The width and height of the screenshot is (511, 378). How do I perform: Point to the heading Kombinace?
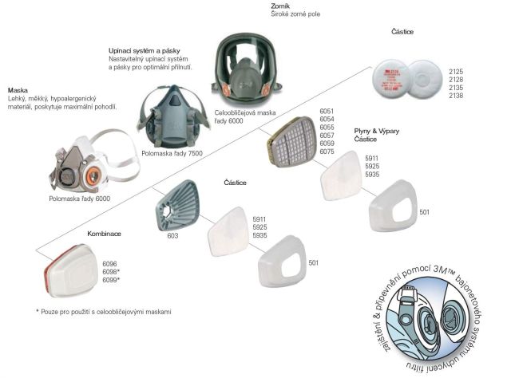(x=104, y=234)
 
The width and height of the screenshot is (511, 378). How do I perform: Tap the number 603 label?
(x=172, y=236)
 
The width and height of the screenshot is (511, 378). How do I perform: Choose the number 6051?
(x=327, y=111)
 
